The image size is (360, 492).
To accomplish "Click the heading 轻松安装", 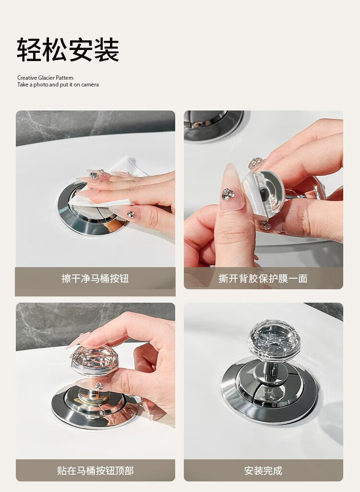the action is (68, 49).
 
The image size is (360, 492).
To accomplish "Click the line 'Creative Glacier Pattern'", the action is (46, 77).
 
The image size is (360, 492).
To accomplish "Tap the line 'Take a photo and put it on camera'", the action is (58, 85).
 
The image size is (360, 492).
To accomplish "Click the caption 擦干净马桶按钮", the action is (95, 278).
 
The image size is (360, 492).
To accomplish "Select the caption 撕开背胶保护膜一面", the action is (263, 278).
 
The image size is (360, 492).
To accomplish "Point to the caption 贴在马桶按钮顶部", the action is (96, 471).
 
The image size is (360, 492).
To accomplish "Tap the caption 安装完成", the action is (263, 471).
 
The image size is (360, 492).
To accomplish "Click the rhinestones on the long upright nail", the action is (228, 194).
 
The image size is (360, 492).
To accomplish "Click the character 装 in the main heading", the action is (107, 49).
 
